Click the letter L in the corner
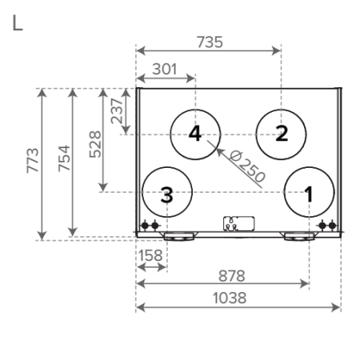18,23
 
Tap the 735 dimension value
210,42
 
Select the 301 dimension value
165,69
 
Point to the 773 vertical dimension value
33,161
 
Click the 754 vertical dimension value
64,158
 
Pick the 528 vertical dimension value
95,144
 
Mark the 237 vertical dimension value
117,111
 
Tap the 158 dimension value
150,255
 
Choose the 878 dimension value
231,276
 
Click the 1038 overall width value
230,298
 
